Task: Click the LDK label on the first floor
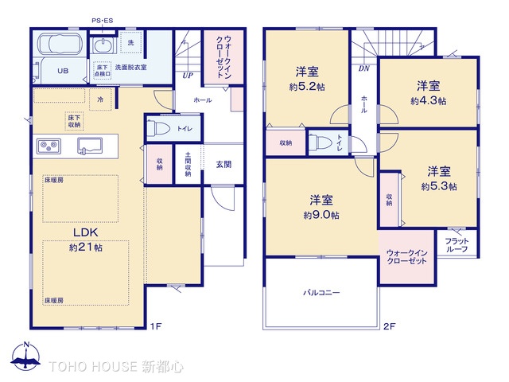[x=85, y=232]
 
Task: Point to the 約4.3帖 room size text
[x=428, y=101]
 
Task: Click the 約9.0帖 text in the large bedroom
[x=321, y=215]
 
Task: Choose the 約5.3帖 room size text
[x=439, y=186]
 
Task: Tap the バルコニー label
[x=321, y=292]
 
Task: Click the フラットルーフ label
[x=457, y=245]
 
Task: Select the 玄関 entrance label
[x=223, y=164]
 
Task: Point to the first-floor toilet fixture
[x=157, y=127]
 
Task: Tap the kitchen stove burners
[x=49, y=146]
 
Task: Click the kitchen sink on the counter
[x=89, y=146]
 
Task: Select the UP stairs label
[x=188, y=76]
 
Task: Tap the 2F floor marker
[x=390, y=326]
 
